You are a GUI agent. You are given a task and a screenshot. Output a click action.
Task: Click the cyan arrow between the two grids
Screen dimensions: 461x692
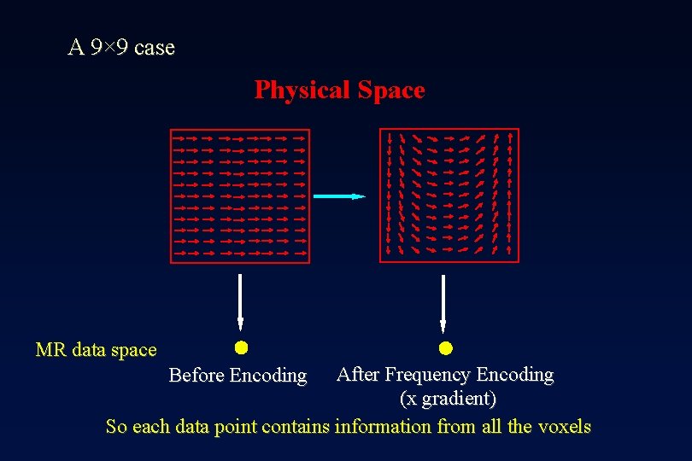338,196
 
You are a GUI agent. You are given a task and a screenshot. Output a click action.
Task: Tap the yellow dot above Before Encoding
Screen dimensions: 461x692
241,347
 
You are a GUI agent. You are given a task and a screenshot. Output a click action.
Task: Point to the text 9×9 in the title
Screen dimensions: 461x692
109,48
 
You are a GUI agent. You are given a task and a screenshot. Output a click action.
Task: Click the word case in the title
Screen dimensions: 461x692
155,48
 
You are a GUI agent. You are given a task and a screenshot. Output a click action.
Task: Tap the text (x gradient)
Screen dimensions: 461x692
448,399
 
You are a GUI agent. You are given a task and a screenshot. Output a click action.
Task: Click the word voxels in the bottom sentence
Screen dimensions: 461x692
564,427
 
